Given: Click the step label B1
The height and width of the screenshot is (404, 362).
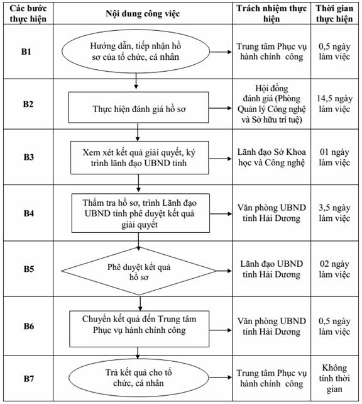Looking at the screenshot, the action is [x=26, y=52].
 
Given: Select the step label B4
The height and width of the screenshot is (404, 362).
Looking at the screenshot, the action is [x=28, y=213].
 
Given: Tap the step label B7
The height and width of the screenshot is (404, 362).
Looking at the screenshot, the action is [x=28, y=378].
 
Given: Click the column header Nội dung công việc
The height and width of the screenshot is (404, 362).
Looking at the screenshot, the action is [x=143, y=13].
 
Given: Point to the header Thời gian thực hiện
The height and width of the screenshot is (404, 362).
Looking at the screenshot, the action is [x=334, y=13].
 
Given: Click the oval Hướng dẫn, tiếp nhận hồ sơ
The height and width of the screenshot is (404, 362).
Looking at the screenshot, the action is [x=136, y=51].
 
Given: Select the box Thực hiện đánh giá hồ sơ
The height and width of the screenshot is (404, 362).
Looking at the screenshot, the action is [x=138, y=107].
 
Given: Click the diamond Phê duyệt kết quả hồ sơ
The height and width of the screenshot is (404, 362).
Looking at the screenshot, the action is [x=139, y=271].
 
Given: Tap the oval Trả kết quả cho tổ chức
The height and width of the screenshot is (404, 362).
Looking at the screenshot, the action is [x=139, y=378].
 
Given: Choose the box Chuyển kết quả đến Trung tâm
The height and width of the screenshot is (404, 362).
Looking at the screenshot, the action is [x=139, y=328].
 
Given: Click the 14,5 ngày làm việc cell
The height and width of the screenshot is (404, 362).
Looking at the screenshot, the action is [x=334, y=104].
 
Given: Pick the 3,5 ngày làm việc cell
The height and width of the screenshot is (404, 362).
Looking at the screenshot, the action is [x=334, y=213].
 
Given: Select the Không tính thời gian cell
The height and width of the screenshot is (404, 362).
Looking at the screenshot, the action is [x=334, y=378].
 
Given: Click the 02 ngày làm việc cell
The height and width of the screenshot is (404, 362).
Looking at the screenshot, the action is [x=334, y=269].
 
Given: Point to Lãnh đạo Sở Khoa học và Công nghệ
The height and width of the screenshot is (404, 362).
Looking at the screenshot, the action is [x=271, y=157].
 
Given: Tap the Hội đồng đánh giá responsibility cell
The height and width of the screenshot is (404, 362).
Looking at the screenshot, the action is [x=271, y=104].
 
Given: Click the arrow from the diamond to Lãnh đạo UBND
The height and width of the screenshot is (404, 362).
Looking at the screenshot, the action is [x=224, y=271].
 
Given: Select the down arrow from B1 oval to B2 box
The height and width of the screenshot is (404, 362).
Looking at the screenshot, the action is [x=136, y=81].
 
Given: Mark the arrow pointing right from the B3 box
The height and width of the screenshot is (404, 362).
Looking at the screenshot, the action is [x=220, y=159].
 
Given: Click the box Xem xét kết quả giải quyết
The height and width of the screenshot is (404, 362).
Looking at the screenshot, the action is [x=140, y=158].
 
